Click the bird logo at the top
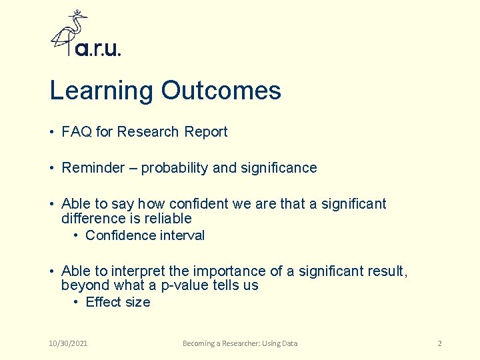click(70, 33)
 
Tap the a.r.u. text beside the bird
click(98, 49)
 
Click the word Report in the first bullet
click(206, 132)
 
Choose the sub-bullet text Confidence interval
click(145, 235)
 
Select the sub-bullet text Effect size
click(118, 302)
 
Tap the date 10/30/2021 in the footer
click(69, 343)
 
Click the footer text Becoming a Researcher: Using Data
click(240, 343)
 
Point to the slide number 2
click(439, 343)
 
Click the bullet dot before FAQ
click(52, 133)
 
